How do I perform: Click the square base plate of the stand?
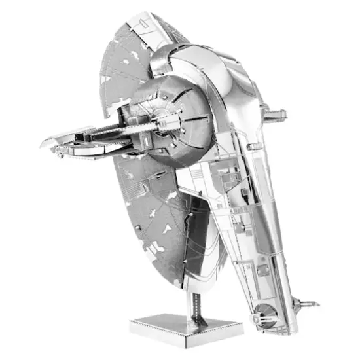click(186, 325)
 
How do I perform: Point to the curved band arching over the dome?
click(196, 65)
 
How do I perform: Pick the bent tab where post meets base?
click(194, 317)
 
